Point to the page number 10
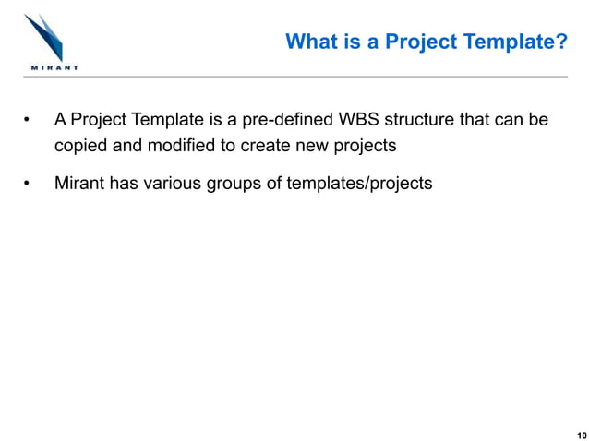pyautogui.click(x=579, y=434)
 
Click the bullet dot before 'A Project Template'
pyautogui.click(x=28, y=121)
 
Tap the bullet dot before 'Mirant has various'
pyautogui.click(x=28, y=184)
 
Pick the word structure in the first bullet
pyautogui.click(x=423, y=120)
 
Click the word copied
pyautogui.click(x=80, y=146)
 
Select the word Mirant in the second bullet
pyautogui.click(x=79, y=183)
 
